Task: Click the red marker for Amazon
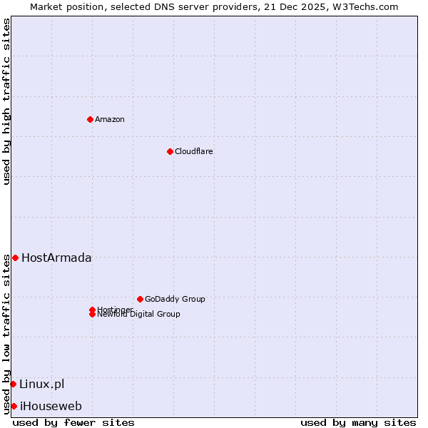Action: (90, 119)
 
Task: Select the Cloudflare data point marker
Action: (170, 151)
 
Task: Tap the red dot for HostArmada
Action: (15, 258)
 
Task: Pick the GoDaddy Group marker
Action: (140, 299)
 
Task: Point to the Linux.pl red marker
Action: (13, 384)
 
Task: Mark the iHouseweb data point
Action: (14, 406)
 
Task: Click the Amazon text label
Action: (110, 119)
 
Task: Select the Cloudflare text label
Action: (194, 151)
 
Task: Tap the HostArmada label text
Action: (56, 258)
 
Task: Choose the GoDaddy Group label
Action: (175, 299)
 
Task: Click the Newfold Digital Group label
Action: (139, 315)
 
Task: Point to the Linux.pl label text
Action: (41, 384)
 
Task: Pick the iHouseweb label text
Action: (51, 406)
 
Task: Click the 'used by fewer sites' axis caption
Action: (73, 422)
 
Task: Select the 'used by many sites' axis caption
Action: (358, 422)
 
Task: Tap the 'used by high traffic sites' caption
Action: (6, 101)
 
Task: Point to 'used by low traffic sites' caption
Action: (6, 334)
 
